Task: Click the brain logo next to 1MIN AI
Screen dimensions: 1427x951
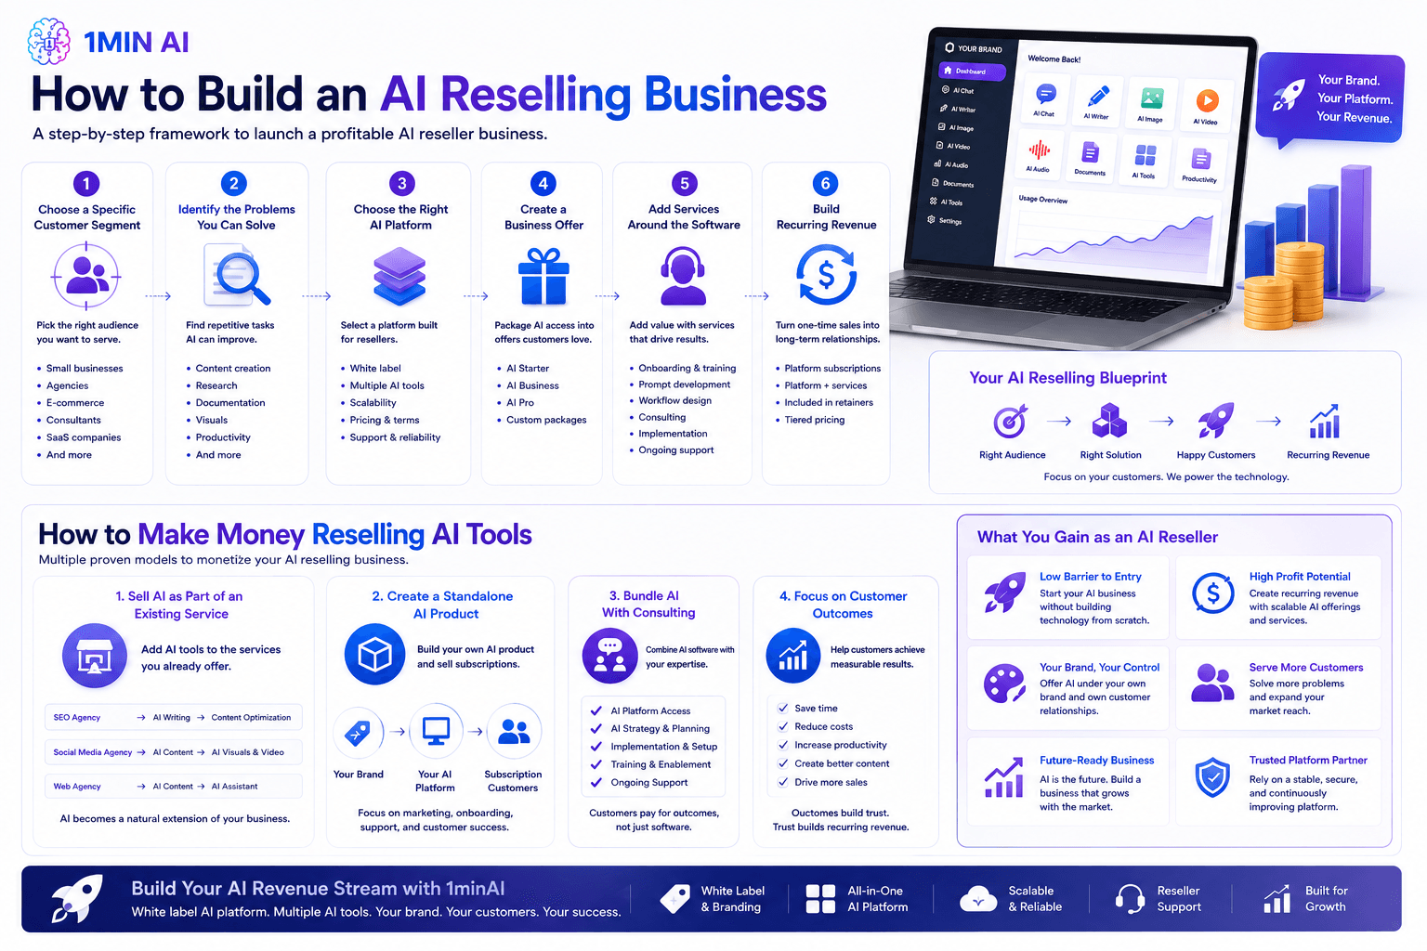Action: click(x=48, y=42)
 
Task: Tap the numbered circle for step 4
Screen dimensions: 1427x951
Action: click(x=543, y=184)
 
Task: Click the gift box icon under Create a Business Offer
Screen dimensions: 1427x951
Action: click(x=543, y=276)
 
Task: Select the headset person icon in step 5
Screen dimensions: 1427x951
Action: click(x=683, y=276)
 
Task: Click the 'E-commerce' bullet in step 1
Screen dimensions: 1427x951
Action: click(x=75, y=402)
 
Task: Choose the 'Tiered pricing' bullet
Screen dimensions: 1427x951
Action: click(x=814, y=420)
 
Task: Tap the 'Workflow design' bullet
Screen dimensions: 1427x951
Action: click(x=674, y=400)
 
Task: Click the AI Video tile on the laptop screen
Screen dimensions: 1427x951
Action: click(x=1205, y=105)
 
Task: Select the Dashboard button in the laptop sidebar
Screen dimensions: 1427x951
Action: click(x=972, y=71)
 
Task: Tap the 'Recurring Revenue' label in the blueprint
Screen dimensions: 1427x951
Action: click(x=1328, y=455)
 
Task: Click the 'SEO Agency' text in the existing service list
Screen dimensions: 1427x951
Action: click(x=76, y=717)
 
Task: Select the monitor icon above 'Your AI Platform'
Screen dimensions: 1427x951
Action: click(x=437, y=731)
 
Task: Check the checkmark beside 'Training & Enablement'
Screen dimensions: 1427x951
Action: click(x=596, y=764)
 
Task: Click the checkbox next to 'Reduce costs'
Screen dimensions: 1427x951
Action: click(x=783, y=726)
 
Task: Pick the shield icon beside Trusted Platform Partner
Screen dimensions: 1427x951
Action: click(x=1212, y=777)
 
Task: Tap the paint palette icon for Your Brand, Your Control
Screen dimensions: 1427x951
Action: click(x=1004, y=684)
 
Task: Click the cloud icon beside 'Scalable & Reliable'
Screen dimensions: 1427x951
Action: click(x=978, y=898)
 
